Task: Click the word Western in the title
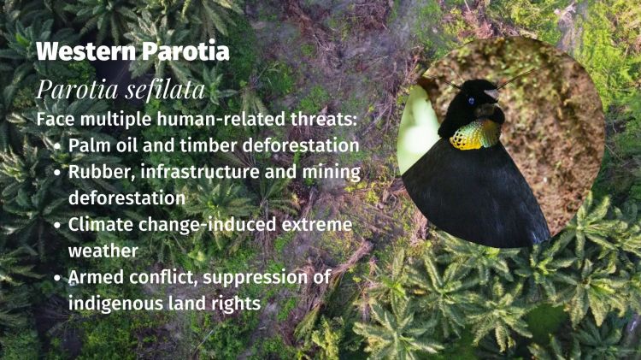point(82,51)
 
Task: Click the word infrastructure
point(197,172)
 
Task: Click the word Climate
point(100,226)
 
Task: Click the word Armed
point(94,279)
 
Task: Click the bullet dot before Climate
point(56,227)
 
